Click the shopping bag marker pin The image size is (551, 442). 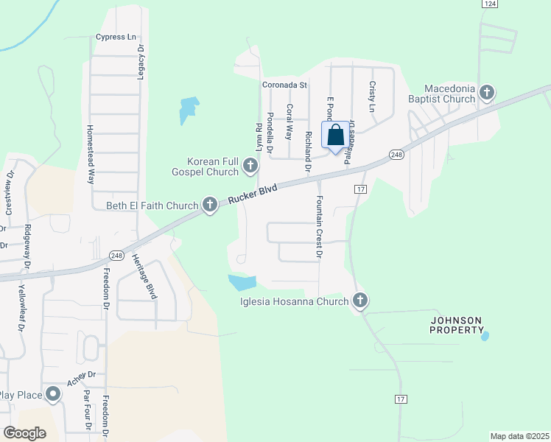click(x=335, y=136)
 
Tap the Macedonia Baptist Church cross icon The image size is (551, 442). click(x=486, y=93)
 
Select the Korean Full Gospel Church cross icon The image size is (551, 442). click(x=250, y=166)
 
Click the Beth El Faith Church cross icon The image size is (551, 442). click(x=210, y=205)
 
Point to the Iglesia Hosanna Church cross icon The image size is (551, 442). click(x=359, y=300)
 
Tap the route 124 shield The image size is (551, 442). click(x=488, y=4)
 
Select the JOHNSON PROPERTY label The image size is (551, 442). click(x=456, y=325)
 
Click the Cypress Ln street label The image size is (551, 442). click(x=116, y=37)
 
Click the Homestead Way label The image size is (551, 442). click(x=91, y=153)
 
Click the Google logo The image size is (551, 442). click(x=24, y=432)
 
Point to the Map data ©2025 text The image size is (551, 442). click(x=519, y=436)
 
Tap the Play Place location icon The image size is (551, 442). click(x=53, y=395)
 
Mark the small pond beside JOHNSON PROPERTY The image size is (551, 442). click(x=484, y=336)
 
